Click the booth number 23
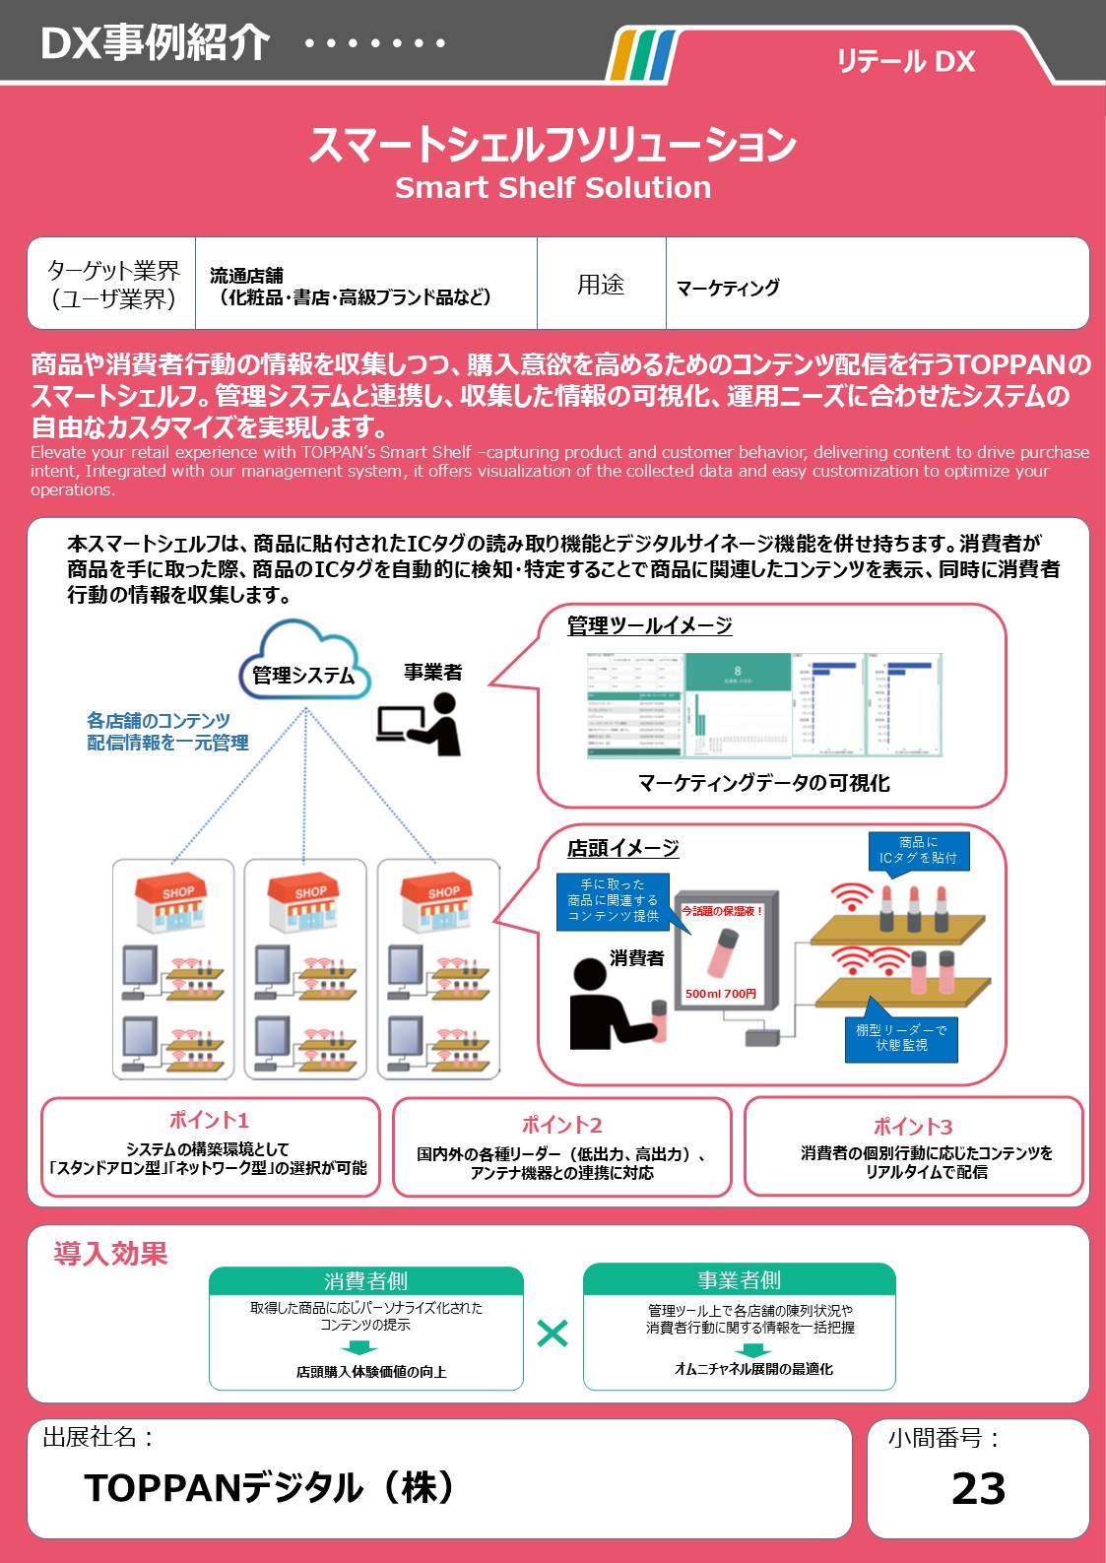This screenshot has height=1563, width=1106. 978,1488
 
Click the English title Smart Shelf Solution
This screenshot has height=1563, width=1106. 553,187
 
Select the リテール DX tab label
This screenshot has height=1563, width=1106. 905,62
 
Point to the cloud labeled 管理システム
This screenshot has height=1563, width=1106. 303,663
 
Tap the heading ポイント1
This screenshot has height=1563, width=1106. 209,1120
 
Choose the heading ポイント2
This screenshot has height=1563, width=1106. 561,1125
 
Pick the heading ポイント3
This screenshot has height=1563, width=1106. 913,1127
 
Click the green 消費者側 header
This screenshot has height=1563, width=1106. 365,1280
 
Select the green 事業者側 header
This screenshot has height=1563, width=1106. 739,1279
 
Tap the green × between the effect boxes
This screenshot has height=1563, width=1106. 553,1334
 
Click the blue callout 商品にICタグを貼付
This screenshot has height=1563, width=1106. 918,850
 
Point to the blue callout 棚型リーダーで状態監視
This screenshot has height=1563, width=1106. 901,1037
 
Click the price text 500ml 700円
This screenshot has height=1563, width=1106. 721,994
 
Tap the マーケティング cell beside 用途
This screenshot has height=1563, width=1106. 728,288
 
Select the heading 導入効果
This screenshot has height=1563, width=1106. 110,1254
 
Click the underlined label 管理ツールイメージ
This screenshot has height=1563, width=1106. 649,625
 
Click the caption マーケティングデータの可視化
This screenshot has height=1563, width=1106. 763,783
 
